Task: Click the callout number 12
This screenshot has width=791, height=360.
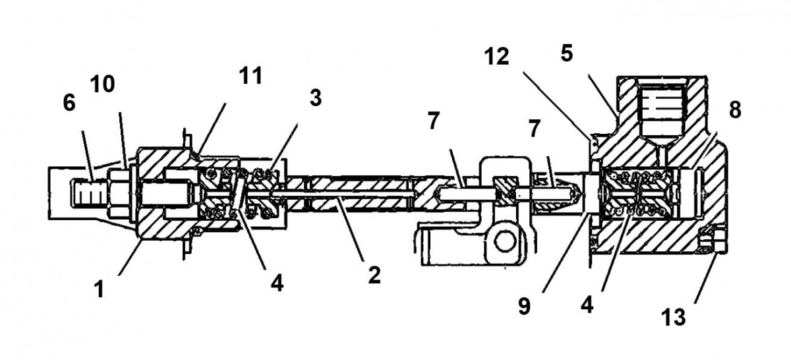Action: [495, 57]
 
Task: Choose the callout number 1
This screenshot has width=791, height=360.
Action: [99, 289]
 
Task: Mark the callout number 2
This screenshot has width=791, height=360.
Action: [374, 275]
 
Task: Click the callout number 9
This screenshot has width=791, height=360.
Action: [524, 307]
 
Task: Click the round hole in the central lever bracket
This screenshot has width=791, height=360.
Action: [506, 243]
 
